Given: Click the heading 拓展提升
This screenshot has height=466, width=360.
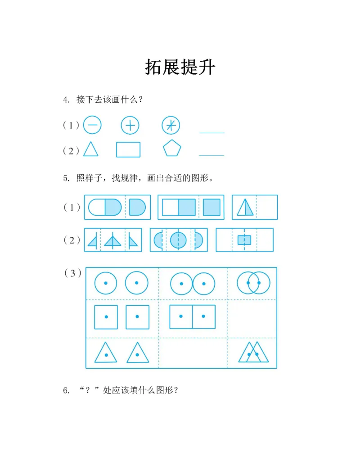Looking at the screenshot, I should pyautogui.click(x=180, y=67).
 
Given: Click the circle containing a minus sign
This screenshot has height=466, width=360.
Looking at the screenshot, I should pyautogui.click(x=92, y=125).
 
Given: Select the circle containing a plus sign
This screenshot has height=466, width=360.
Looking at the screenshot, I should pyautogui.click(x=130, y=125).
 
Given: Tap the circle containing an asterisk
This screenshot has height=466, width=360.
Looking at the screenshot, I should pyautogui.click(x=171, y=125).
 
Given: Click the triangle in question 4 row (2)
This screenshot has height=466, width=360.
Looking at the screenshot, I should pyautogui.click(x=90, y=149).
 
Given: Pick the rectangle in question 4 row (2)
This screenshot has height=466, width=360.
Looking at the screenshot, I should pyautogui.click(x=128, y=149).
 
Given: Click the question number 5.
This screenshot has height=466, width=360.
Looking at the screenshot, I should pyautogui.click(x=66, y=178).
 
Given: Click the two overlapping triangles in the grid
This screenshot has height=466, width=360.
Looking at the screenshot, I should pyautogui.click(x=253, y=353).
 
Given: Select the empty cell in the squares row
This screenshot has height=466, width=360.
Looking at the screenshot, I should pyautogui.click(x=252, y=318).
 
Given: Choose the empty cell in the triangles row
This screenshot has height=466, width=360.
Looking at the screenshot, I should pyautogui.click(x=193, y=353).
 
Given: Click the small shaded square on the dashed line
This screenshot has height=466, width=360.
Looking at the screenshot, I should pyautogui.click(x=244, y=240).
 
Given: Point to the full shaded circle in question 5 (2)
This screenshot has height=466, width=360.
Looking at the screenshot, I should pyautogui.click(x=178, y=240).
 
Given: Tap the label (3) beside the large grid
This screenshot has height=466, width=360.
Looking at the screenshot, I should pyautogui.click(x=72, y=273).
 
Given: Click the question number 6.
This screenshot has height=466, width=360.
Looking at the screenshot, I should pyautogui.click(x=66, y=390).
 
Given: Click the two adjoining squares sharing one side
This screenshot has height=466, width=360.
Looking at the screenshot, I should pyautogui.click(x=193, y=317).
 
